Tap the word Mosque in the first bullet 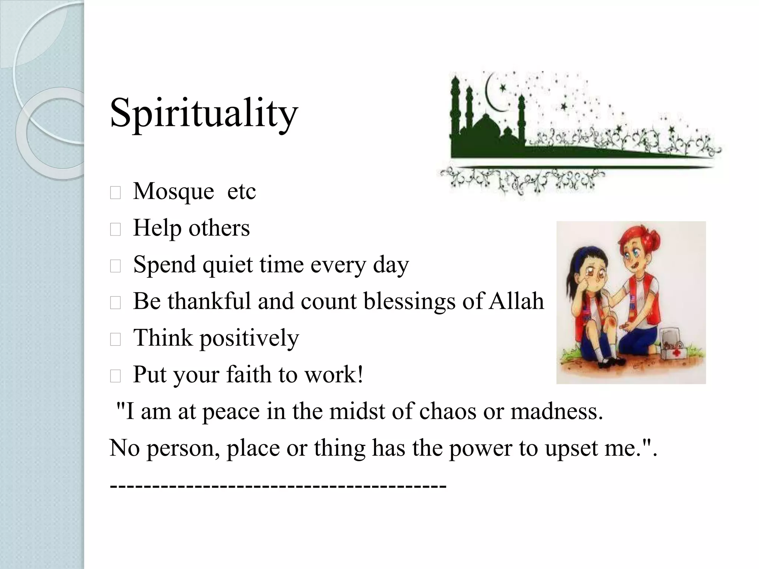point(173,191)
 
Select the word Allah point(516,301)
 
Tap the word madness point(556,411)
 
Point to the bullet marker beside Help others point(115,230)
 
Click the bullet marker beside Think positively point(115,340)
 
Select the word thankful point(209,301)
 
